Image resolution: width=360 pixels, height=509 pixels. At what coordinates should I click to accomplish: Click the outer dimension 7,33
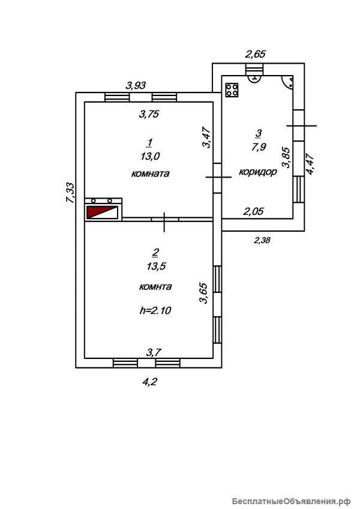coord(71,193)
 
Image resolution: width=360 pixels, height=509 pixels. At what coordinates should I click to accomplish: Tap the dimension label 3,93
coord(136,85)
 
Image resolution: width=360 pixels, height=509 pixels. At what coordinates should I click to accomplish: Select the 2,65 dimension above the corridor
coord(255,54)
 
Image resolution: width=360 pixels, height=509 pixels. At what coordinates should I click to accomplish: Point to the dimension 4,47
coord(310,164)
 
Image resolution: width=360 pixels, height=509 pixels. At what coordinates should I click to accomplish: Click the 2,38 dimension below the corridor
coord(262,241)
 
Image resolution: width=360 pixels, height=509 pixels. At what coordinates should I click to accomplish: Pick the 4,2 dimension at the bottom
coord(149,382)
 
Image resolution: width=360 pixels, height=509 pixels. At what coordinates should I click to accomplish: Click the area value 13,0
coord(150,157)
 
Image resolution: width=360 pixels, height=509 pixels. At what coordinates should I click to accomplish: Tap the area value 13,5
coord(156,266)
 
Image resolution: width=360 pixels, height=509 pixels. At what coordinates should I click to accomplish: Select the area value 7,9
coord(259,147)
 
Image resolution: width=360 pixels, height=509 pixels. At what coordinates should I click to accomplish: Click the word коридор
coord(258,172)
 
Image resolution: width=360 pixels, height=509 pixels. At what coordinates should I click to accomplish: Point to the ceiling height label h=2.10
coord(155,311)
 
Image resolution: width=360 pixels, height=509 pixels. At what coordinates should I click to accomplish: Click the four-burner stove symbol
coord(232,90)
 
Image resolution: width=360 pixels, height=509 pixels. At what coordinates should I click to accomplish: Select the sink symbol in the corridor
coord(255,78)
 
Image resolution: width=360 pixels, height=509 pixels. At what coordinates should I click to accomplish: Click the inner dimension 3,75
coord(149,114)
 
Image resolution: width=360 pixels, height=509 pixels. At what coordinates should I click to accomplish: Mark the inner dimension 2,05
coord(254,212)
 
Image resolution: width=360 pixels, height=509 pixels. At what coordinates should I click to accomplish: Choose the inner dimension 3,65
coord(203,293)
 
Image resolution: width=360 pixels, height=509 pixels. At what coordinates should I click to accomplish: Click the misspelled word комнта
coord(155,287)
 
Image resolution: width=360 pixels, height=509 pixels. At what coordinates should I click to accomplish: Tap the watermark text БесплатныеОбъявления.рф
coord(292,502)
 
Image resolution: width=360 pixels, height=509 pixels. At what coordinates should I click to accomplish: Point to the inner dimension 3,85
coord(286,158)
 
